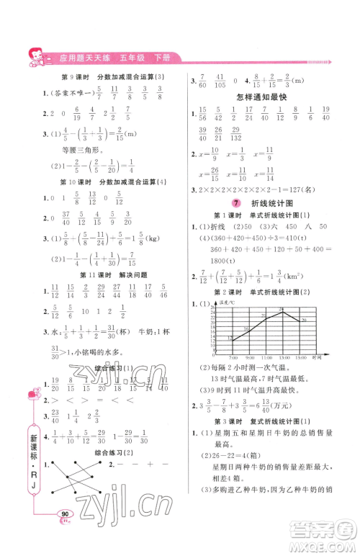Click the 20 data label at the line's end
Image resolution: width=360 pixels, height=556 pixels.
tap(305, 319)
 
